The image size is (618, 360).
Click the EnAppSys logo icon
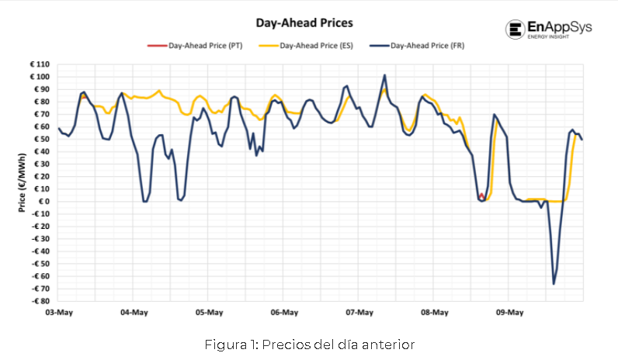click(516, 30)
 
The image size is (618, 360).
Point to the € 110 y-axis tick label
click(38, 64)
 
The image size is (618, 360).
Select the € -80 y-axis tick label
click(39, 301)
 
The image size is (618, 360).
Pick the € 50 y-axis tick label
click(40, 139)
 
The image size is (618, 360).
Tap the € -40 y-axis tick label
click(39, 251)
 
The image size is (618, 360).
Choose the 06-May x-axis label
click(284, 313)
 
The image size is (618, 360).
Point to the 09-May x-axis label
click(509, 313)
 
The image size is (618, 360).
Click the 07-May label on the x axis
click(359, 313)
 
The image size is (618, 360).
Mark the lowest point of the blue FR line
click(554, 284)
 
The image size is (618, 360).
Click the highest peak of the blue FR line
click(385, 75)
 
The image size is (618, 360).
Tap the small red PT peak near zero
click(481, 195)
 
